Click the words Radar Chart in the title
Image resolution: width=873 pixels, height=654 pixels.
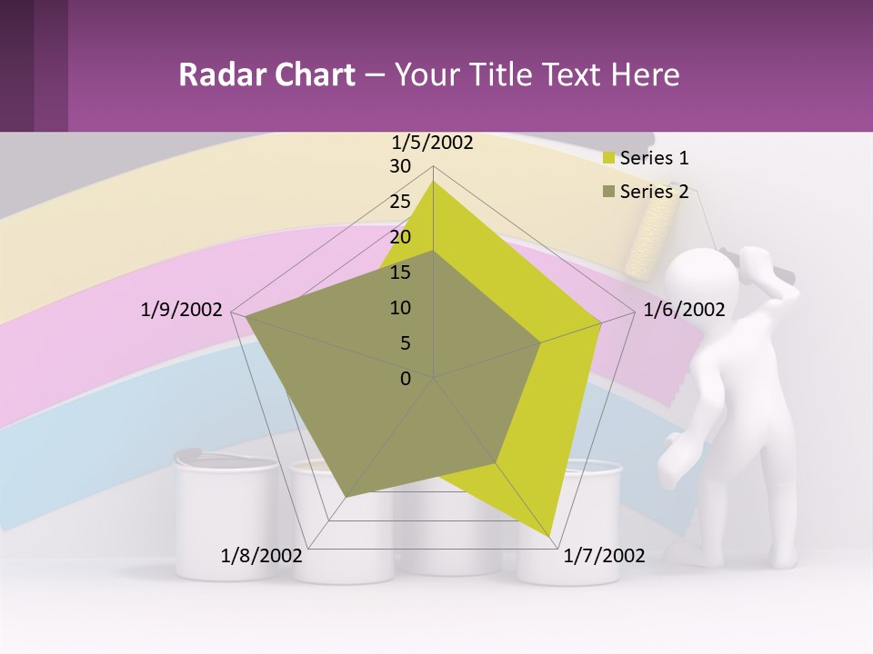[x=266, y=74]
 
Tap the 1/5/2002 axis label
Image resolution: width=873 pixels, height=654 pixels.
[x=432, y=143]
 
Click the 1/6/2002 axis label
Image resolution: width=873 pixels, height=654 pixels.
[x=684, y=311]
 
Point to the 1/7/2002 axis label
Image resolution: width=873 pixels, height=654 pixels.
[x=604, y=556]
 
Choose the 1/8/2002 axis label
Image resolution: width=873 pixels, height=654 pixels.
[x=262, y=556]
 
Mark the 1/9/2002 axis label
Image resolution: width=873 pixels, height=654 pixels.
[x=182, y=311]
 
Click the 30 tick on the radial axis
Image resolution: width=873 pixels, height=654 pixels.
[x=400, y=166]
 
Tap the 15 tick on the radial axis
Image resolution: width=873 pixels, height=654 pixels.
[x=400, y=272]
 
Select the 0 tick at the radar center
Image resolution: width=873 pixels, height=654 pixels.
[x=406, y=379]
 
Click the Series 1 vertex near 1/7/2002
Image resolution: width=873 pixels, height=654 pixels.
[x=551, y=536]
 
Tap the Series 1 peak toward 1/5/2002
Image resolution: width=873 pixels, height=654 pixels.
[x=433, y=182]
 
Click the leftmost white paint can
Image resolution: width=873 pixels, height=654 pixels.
[x=226, y=518]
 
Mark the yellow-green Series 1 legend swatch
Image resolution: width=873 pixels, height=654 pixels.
[x=609, y=158]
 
